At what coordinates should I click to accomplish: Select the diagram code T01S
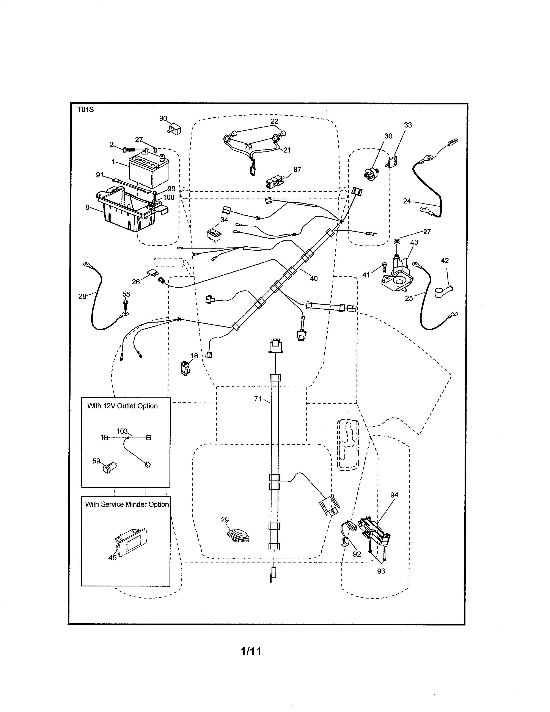click(x=85, y=110)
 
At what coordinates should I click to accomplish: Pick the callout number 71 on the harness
click(x=258, y=398)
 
